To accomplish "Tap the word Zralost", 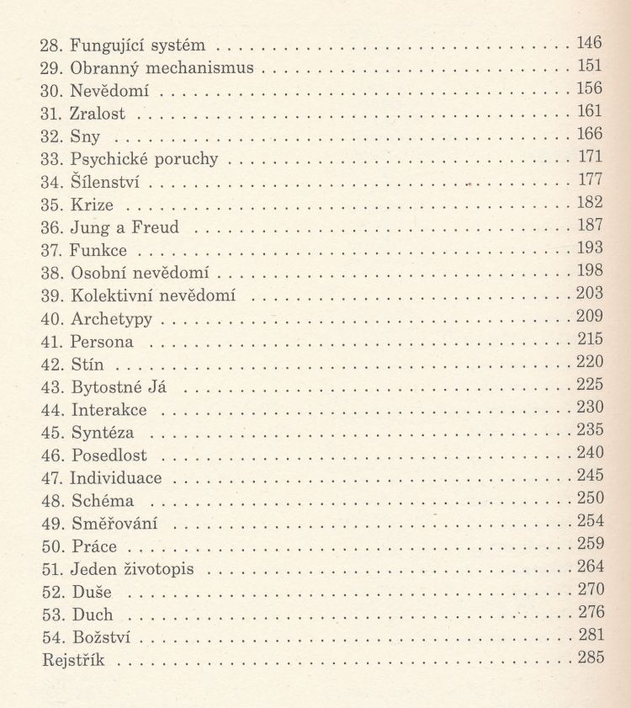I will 99,111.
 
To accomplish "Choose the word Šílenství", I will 105,180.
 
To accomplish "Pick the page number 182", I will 590,203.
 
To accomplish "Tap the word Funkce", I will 99,249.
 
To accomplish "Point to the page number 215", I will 590,340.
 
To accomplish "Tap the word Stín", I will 88,364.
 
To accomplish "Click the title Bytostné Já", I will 122,386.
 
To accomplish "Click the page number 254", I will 590,522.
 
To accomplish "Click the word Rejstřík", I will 73,660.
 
